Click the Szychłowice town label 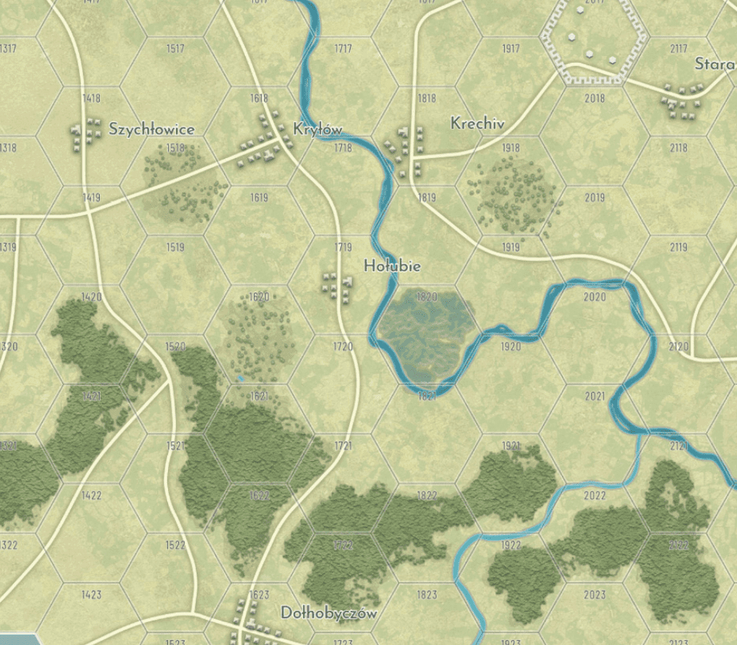(152, 129)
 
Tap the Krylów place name (317, 129)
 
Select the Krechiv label (477, 124)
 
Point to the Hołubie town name (392, 266)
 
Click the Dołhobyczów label (329, 613)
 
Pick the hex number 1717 (343, 49)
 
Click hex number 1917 (511, 49)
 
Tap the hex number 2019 (594, 197)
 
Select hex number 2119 (679, 247)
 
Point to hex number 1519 (175, 247)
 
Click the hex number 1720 (343, 346)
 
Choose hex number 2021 (594, 396)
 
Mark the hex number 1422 (91, 496)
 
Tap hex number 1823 (427, 595)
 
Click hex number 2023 (594, 595)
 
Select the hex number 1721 (343, 446)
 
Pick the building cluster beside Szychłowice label (85, 136)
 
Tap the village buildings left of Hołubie (337, 286)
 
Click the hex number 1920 (511, 346)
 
